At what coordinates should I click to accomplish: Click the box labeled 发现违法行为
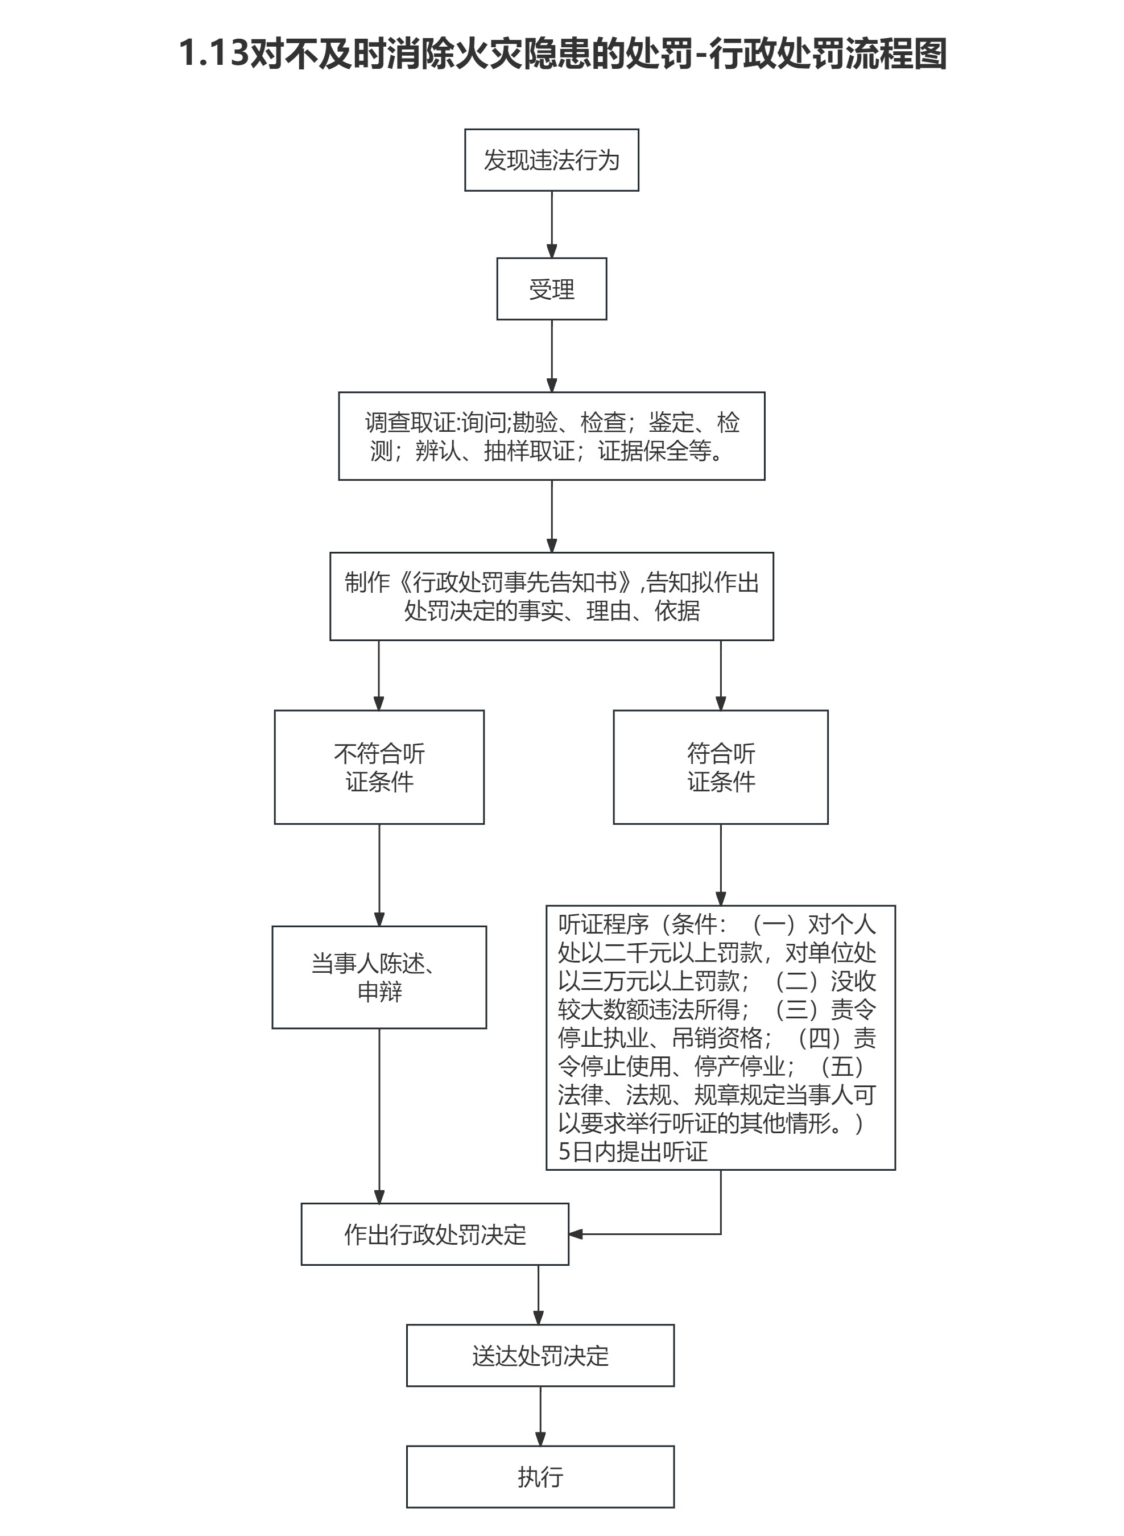point(551,160)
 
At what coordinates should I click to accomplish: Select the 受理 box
point(551,288)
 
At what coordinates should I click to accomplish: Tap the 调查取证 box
point(551,436)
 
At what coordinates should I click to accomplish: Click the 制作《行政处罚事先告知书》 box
point(551,596)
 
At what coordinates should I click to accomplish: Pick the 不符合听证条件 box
point(379,767)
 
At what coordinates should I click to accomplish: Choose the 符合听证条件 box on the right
point(721,767)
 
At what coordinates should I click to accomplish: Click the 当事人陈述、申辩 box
point(379,977)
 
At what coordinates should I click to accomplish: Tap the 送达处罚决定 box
point(540,1356)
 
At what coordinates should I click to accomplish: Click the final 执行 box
point(540,1477)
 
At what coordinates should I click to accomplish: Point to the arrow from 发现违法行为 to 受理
point(551,224)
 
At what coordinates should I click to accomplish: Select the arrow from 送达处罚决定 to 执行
point(540,1416)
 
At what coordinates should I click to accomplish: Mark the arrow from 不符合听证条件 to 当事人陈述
point(379,874)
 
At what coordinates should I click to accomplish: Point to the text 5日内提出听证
point(633,1151)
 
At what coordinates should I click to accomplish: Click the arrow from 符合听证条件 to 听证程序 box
point(721,864)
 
